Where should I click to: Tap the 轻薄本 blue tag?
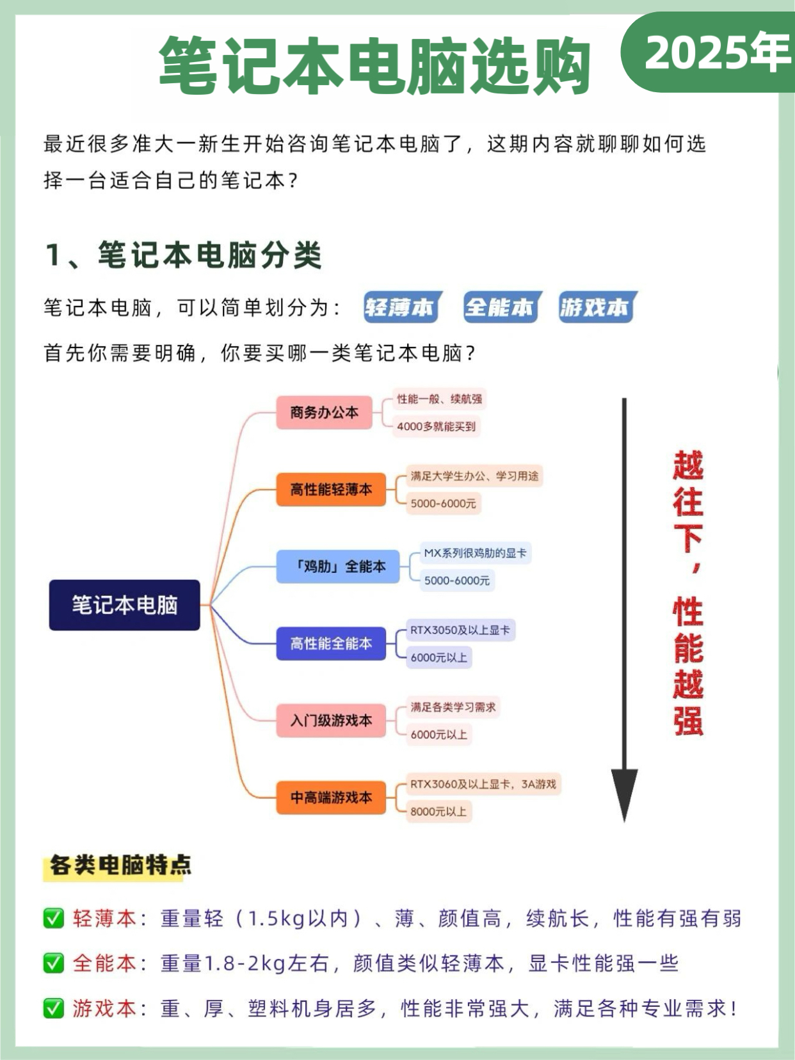coord(399,308)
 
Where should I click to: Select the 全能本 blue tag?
coord(500,308)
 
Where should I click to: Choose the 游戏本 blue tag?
coord(595,308)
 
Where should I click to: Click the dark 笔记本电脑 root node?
coord(125,605)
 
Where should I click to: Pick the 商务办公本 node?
coord(325,413)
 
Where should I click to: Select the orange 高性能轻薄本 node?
coord(331,490)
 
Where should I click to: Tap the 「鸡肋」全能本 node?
coord(338,566)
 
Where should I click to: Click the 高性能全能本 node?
coord(331,643)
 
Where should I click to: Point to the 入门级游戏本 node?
coord(331,721)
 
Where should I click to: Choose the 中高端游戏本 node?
coord(331,798)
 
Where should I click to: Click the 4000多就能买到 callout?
coord(437,426)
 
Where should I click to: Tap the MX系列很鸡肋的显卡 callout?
coord(475,553)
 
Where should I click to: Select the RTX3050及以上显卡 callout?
coord(460,630)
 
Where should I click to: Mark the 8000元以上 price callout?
coord(438,812)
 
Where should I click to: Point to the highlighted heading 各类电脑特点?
coord(120,865)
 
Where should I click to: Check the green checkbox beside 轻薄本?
coord(54,919)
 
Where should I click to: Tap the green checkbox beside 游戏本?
coord(54,1009)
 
